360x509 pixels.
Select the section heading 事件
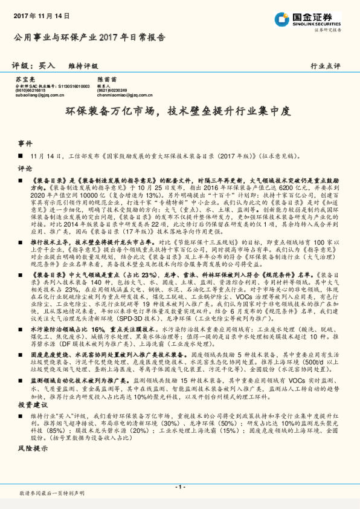[25, 144]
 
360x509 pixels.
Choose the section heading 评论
[25, 169]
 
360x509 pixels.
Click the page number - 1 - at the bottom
[179, 487]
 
